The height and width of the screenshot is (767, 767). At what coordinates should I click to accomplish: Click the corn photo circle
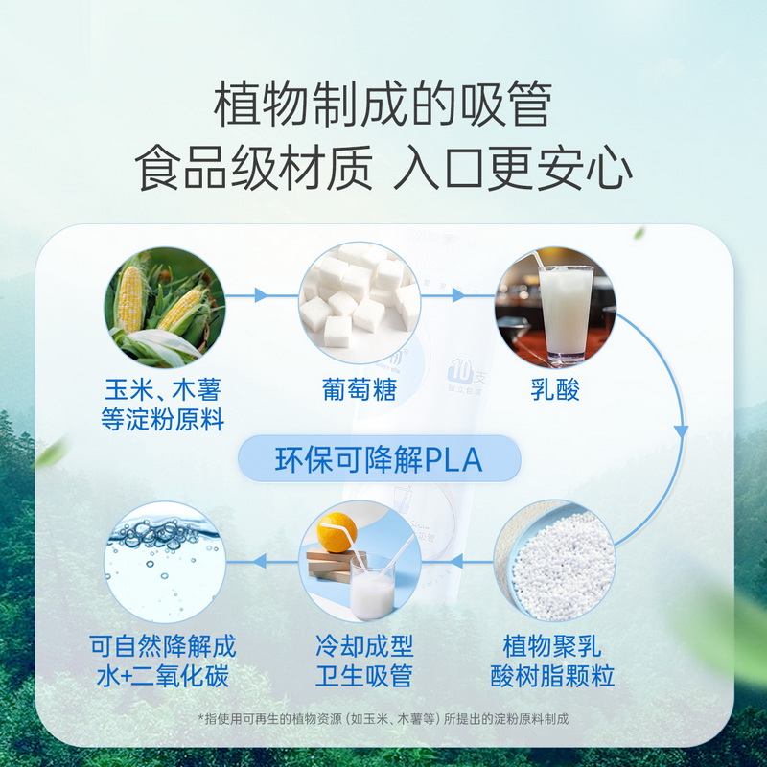pyautogui.click(x=164, y=306)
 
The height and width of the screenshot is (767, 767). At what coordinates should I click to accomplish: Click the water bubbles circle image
pyautogui.click(x=164, y=562)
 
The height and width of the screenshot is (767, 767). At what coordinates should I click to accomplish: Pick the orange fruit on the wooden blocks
pyautogui.click(x=337, y=530)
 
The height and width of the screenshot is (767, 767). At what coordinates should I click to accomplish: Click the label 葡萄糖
pyautogui.click(x=360, y=390)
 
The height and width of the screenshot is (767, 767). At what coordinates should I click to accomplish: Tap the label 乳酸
pyautogui.click(x=555, y=390)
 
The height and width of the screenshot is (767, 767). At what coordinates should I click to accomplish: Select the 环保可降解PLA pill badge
pyautogui.click(x=379, y=460)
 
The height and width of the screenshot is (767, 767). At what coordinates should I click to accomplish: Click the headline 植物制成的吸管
pyautogui.click(x=383, y=105)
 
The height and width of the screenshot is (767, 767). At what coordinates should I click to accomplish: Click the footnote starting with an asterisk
pyautogui.click(x=383, y=718)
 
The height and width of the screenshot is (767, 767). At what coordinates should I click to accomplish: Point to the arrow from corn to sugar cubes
pyautogui.click(x=262, y=295)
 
